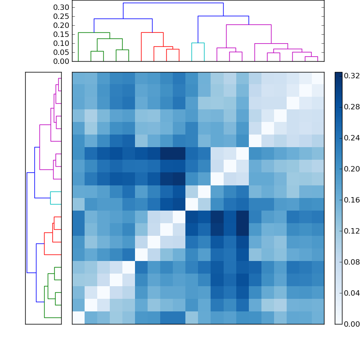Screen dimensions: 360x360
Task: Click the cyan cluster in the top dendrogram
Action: pos(198,43)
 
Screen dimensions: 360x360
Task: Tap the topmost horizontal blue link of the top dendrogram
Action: pos(173,3)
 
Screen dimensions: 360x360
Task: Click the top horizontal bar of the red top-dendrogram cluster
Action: pos(152,32)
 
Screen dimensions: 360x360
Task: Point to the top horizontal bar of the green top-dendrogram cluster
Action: pos(94,32)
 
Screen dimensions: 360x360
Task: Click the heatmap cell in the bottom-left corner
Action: pos(78,318)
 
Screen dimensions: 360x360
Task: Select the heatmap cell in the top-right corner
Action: pos(318,78)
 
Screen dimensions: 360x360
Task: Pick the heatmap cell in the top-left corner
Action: pos(78,78)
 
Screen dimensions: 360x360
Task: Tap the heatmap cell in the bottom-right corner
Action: pos(318,318)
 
